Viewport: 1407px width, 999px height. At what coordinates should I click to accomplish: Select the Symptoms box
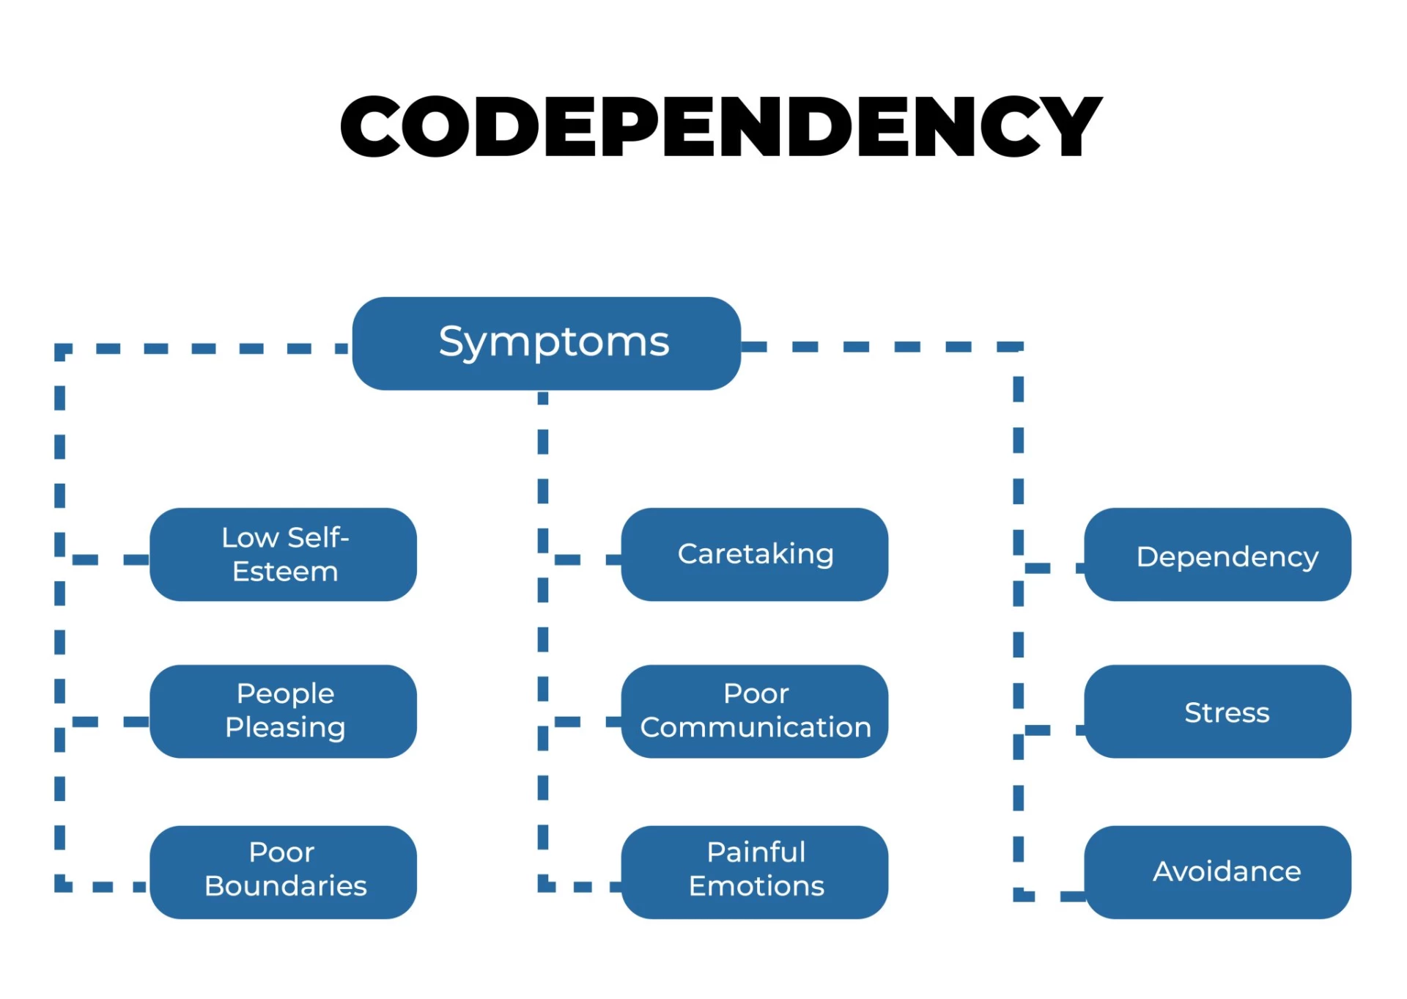pos(546,343)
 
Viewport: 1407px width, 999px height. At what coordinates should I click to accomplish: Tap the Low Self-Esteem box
pos(283,554)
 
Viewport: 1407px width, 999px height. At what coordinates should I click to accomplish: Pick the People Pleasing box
pos(283,711)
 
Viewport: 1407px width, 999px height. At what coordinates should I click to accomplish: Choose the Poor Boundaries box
pos(283,871)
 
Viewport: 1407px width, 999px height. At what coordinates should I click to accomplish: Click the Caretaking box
pos(754,554)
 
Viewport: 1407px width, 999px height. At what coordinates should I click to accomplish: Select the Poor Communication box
pos(754,711)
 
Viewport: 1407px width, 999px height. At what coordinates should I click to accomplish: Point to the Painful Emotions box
pos(754,871)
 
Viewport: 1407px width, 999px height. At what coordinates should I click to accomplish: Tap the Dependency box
pos(1217,554)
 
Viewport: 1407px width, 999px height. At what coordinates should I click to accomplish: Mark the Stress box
pos(1217,711)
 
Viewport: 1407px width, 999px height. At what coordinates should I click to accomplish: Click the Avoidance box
pos(1217,871)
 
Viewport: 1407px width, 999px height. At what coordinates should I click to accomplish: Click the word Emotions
pos(756,886)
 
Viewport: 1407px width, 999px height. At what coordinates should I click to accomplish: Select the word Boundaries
pos(286,886)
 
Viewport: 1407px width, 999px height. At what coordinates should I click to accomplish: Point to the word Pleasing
pos(285,728)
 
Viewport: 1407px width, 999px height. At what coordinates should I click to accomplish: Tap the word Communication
pos(756,727)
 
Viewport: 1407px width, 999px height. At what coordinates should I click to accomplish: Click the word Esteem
pos(285,572)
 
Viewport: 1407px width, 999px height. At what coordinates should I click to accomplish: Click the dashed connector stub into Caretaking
pos(586,560)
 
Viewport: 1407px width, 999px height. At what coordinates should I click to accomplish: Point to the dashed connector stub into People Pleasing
pos(110,722)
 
